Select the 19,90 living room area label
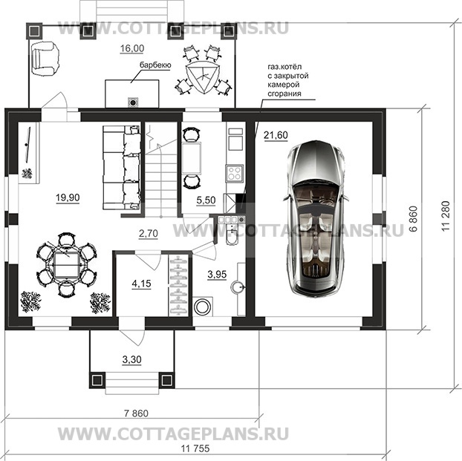click(68, 197)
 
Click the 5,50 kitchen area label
click(196, 200)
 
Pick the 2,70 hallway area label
click(148, 233)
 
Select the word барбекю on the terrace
click(152, 66)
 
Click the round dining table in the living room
click(66, 263)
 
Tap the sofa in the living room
click(120, 169)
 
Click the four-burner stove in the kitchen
click(235, 173)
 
